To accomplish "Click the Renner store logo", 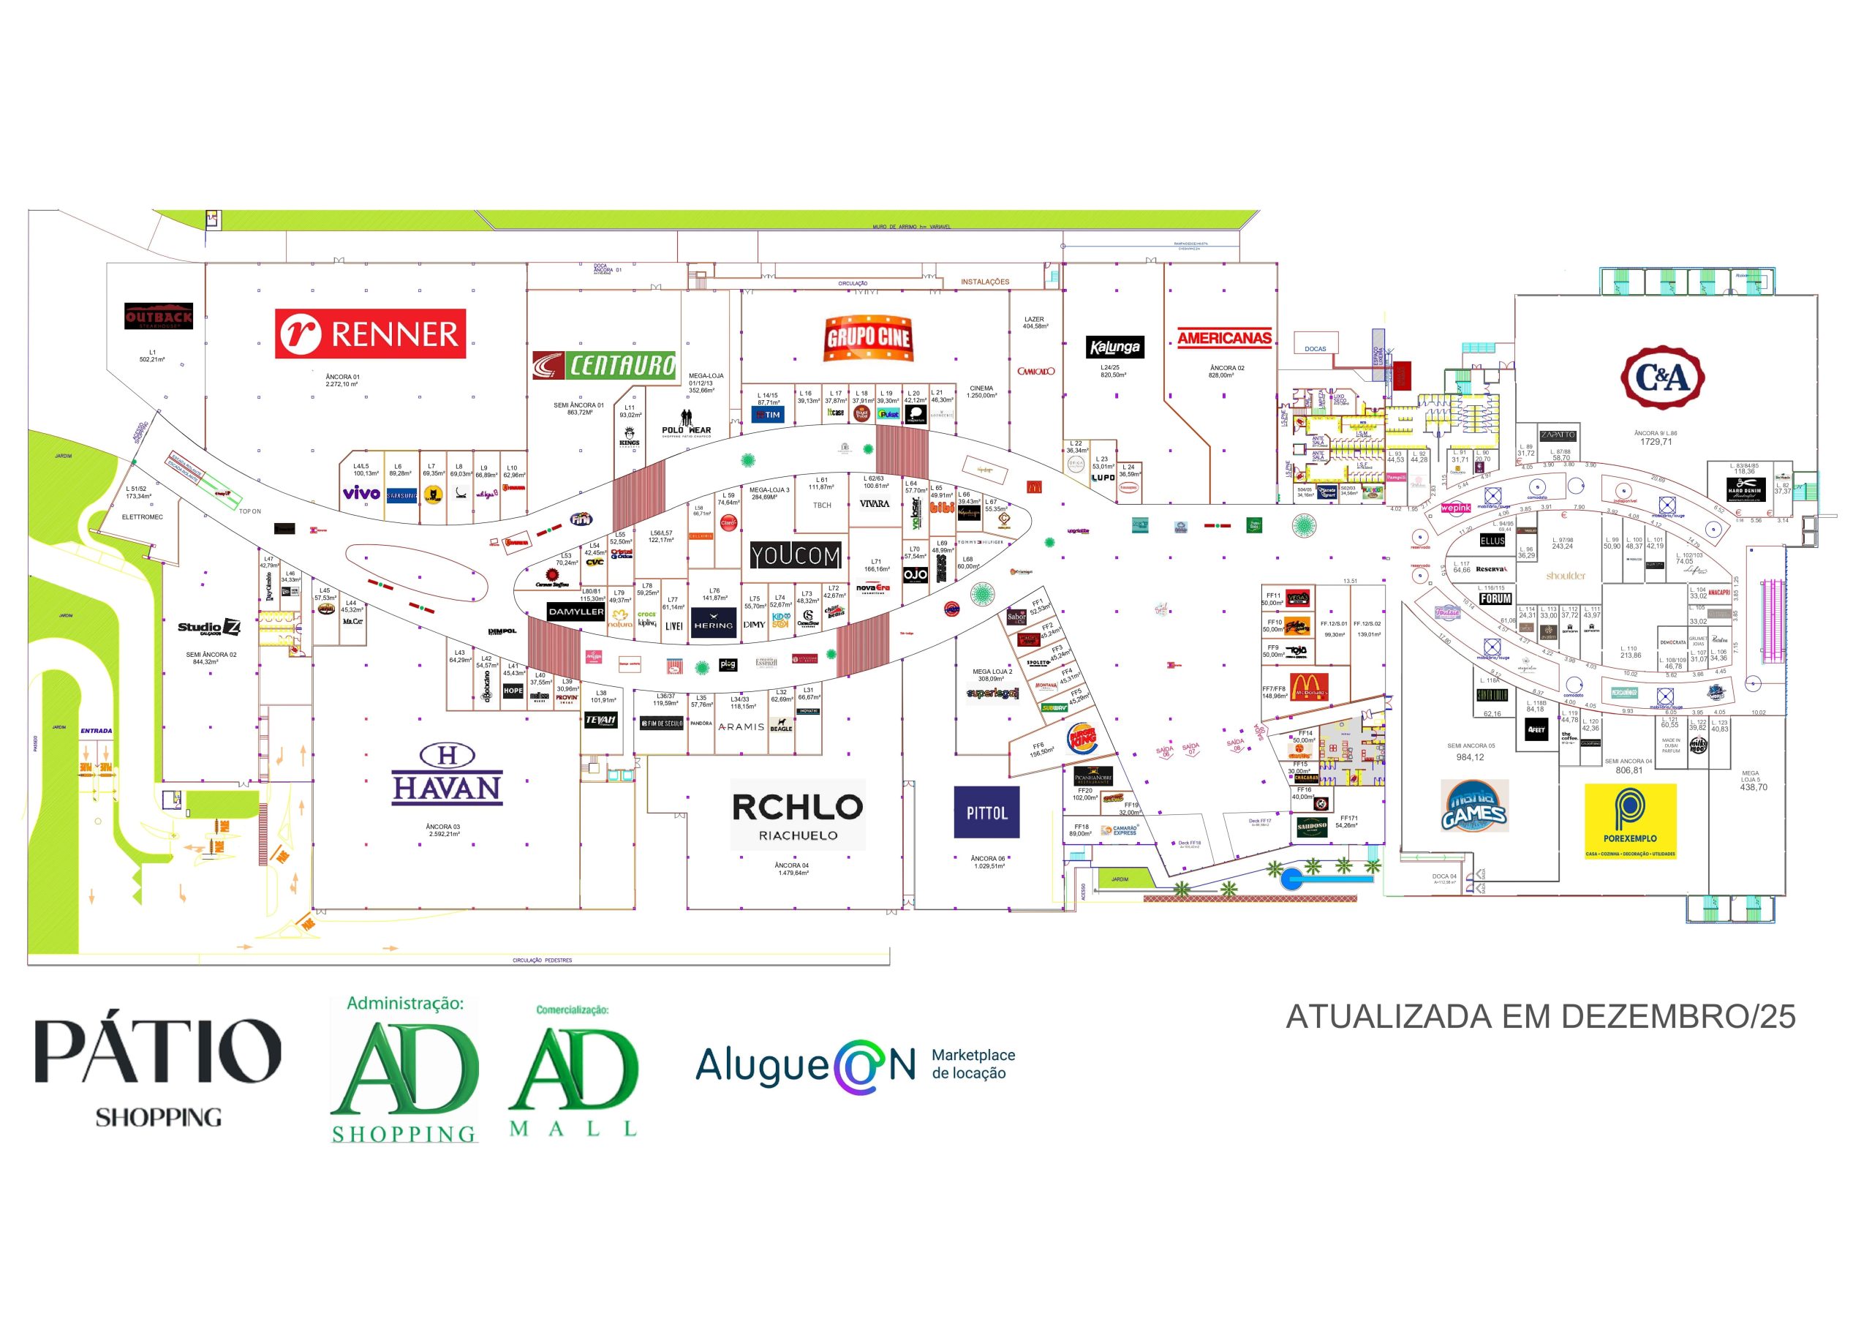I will tap(370, 334).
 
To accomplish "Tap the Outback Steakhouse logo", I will tap(158, 316).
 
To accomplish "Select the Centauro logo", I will tap(604, 365).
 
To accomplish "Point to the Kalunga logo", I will tap(1114, 347).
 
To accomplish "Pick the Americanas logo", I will tap(1224, 338).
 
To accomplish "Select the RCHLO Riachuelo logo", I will tap(797, 814).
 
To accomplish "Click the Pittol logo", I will tap(986, 812).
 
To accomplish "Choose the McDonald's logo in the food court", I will tap(1308, 686).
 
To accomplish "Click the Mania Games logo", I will tap(1474, 805).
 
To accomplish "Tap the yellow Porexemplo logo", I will tap(1630, 821).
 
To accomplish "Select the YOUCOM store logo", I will tap(795, 556).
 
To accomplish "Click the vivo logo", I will tap(361, 494).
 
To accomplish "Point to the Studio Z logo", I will tap(209, 628).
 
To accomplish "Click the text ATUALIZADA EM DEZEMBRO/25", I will tap(1540, 1017).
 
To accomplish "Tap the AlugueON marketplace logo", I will tap(854, 1065).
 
